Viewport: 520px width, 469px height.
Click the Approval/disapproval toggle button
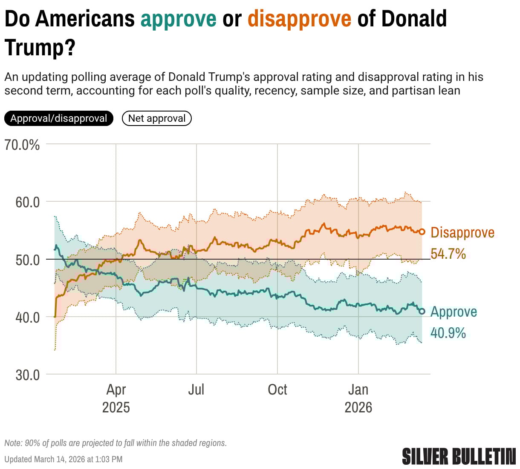click(x=59, y=118)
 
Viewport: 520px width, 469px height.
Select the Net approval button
click(x=157, y=118)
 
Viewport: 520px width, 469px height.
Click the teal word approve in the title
click(x=179, y=19)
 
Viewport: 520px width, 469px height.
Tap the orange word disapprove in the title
click(x=299, y=19)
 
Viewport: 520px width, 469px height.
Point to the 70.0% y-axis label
click(x=22, y=145)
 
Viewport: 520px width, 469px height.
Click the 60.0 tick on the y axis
click(x=28, y=202)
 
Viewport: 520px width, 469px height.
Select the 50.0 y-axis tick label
click(x=28, y=260)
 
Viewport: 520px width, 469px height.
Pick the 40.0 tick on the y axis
click(x=28, y=317)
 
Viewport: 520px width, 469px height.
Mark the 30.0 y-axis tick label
click(x=28, y=375)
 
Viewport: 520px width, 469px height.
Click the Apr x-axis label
click(x=116, y=389)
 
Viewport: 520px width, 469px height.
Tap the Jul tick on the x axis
click(x=196, y=389)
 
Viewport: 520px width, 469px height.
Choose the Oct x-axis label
click(x=277, y=389)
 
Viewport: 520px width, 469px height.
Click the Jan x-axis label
click(x=358, y=389)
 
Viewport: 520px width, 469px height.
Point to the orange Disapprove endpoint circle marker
click(x=422, y=232)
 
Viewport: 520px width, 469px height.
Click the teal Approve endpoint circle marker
click(x=422, y=311)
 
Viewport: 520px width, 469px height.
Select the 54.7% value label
click(x=448, y=254)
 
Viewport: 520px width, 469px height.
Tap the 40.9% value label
click(x=448, y=333)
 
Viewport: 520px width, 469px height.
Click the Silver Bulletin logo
click(x=459, y=456)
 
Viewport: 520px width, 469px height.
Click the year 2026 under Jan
click(x=358, y=407)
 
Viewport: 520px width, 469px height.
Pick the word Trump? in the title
click(x=40, y=47)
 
